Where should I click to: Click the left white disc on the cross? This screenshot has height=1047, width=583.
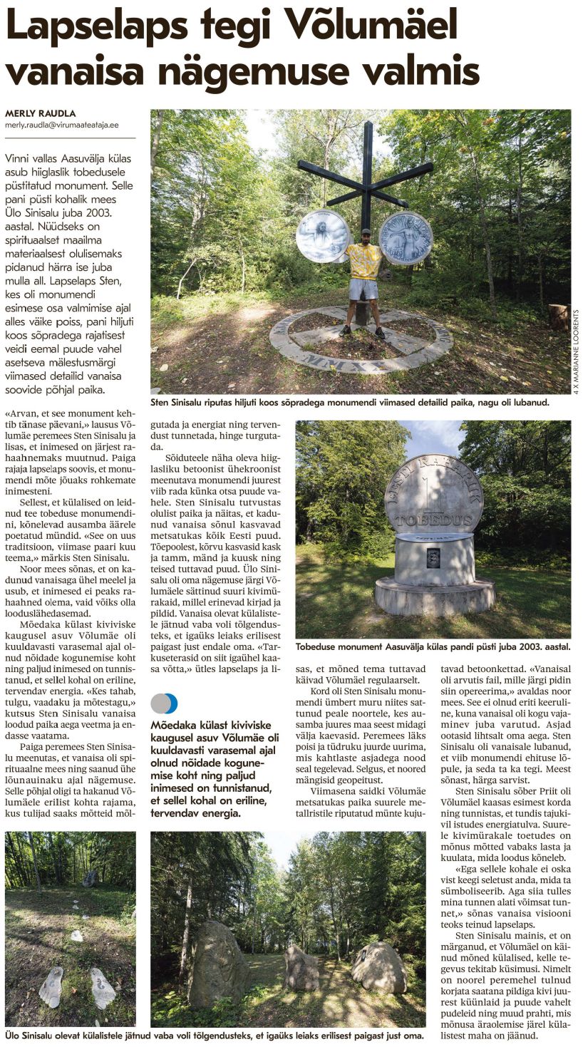pyautogui.click(x=323, y=236)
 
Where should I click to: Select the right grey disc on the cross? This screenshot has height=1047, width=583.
pyautogui.click(x=406, y=237)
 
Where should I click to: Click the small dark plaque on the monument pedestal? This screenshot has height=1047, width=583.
pyautogui.click(x=433, y=558)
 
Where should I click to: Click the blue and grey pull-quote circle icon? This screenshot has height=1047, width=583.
pyautogui.click(x=164, y=703)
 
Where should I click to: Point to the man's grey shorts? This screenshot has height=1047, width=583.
pyautogui.click(x=363, y=289)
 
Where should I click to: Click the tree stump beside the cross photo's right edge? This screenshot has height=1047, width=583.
pyautogui.click(x=559, y=316)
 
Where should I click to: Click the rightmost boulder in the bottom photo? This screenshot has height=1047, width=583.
pyautogui.click(x=378, y=967)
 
